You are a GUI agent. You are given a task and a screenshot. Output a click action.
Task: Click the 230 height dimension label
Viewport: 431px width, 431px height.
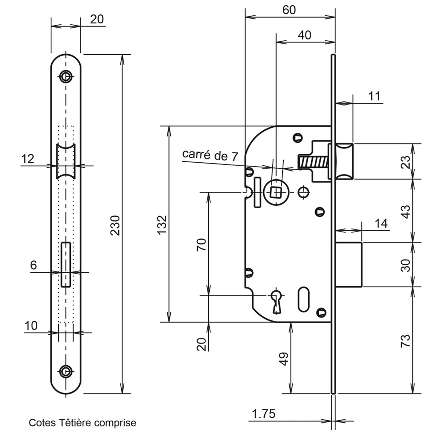coord(115,226)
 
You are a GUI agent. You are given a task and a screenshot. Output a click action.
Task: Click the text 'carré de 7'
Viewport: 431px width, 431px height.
coord(210,155)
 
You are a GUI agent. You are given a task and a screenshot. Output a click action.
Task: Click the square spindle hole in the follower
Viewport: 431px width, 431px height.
coord(276,193)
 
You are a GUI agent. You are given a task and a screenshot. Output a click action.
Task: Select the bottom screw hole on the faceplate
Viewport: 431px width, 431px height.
coord(65,371)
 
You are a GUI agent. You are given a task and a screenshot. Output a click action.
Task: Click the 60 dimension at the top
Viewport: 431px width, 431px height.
coord(289,10)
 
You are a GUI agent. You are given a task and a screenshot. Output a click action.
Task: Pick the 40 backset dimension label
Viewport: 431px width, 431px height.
coord(305,35)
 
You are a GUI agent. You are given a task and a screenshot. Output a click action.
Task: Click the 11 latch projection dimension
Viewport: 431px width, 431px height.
coord(374,96)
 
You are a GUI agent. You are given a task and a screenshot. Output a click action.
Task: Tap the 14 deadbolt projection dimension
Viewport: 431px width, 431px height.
coord(381,223)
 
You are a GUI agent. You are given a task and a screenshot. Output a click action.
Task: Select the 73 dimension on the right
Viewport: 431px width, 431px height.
coord(405,340)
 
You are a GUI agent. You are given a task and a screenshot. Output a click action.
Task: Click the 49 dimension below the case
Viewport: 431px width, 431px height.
coord(284,358)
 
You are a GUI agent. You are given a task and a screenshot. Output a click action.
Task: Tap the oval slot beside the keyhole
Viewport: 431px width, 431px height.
coord(303,298)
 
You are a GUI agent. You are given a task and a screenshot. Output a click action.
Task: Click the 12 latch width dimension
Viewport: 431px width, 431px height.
coord(28,158)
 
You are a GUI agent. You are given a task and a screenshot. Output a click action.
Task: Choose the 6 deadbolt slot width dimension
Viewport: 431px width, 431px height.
coord(33,265)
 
